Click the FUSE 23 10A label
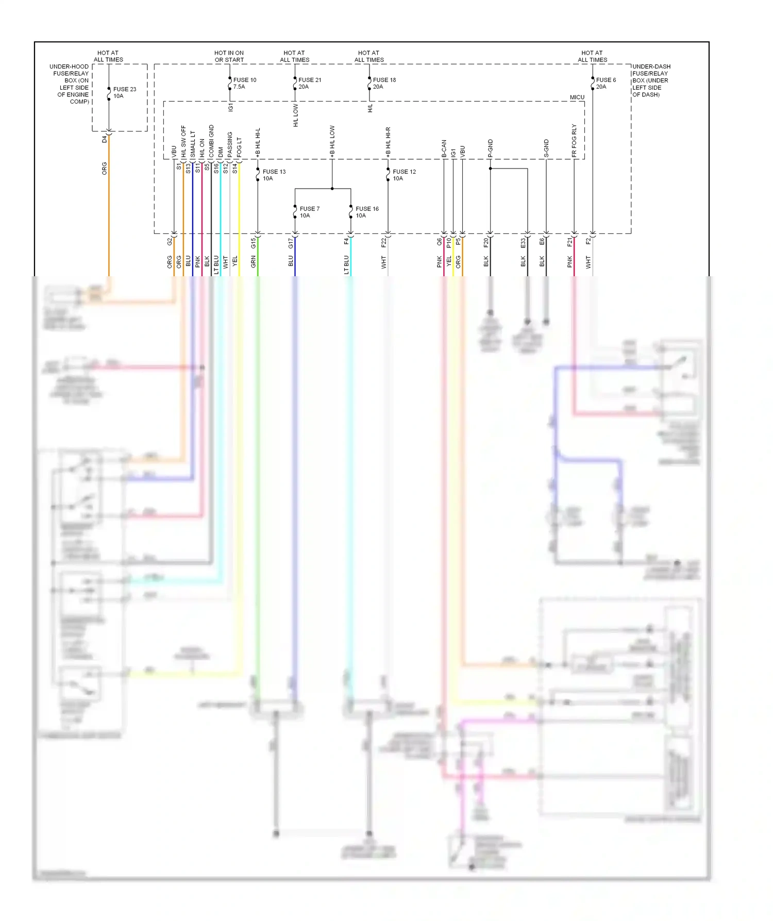tap(124, 93)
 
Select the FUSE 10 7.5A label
tap(244, 83)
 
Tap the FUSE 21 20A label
tap(309, 83)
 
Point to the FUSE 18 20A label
tap(384, 83)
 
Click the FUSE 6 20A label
tap(606, 83)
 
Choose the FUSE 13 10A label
tap(274, 175)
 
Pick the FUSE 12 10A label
tap(404, 175)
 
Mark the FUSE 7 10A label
tap(309, 212)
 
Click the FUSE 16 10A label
tap(366, 212)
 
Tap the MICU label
tap(577, 97)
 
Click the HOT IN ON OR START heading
tap(229, 57)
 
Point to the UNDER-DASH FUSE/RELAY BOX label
tap(651, 81)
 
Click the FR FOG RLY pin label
tap(574, 141)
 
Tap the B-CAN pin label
tap(444, 148)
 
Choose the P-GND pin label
tap(490, 148)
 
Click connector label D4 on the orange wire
tap(105, 139)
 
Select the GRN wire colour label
tap(253, 262)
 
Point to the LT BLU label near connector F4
tap(346, 264)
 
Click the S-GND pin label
tap(546, 148)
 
